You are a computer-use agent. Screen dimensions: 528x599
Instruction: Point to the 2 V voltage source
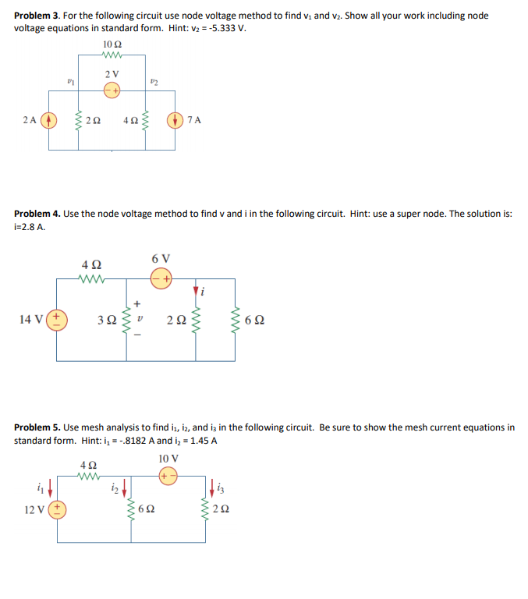click(112, 90)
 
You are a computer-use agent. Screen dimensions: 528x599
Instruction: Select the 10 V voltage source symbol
click(166, 475)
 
